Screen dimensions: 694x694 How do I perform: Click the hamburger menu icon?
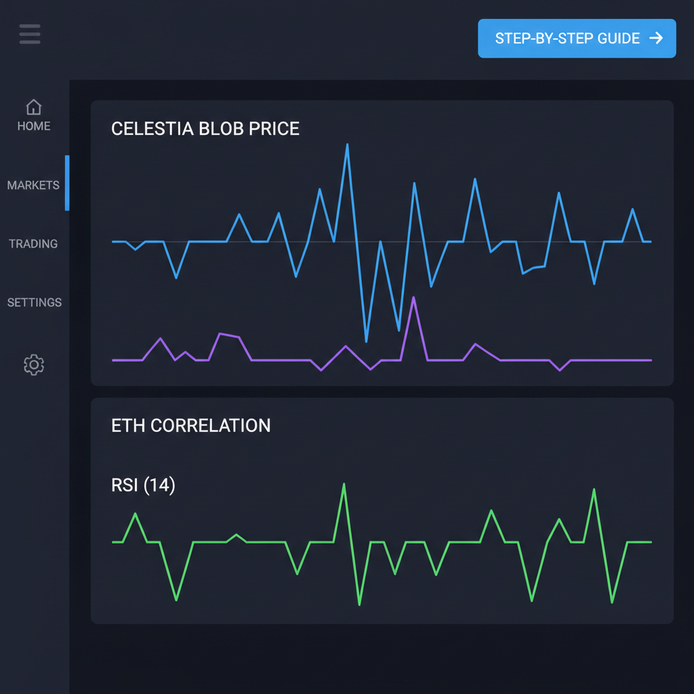30,34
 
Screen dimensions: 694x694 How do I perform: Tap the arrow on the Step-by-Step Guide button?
655,38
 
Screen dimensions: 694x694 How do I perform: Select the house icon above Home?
33,107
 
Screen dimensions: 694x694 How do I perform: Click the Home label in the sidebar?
34,126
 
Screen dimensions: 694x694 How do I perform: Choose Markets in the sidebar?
33,185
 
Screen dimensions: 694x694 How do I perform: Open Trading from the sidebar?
33,244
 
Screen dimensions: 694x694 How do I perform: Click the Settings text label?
34,302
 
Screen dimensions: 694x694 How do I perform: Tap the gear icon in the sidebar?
33,365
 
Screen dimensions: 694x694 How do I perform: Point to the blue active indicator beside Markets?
67,183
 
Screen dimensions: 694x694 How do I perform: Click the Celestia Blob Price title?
205,129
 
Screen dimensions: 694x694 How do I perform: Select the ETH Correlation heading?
190,426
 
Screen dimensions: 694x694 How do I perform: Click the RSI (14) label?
143,485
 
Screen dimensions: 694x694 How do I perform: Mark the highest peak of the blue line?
347,144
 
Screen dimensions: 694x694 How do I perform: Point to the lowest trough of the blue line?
367,340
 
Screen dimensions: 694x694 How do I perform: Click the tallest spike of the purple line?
413,298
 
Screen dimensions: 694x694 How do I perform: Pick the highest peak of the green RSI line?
344,484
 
